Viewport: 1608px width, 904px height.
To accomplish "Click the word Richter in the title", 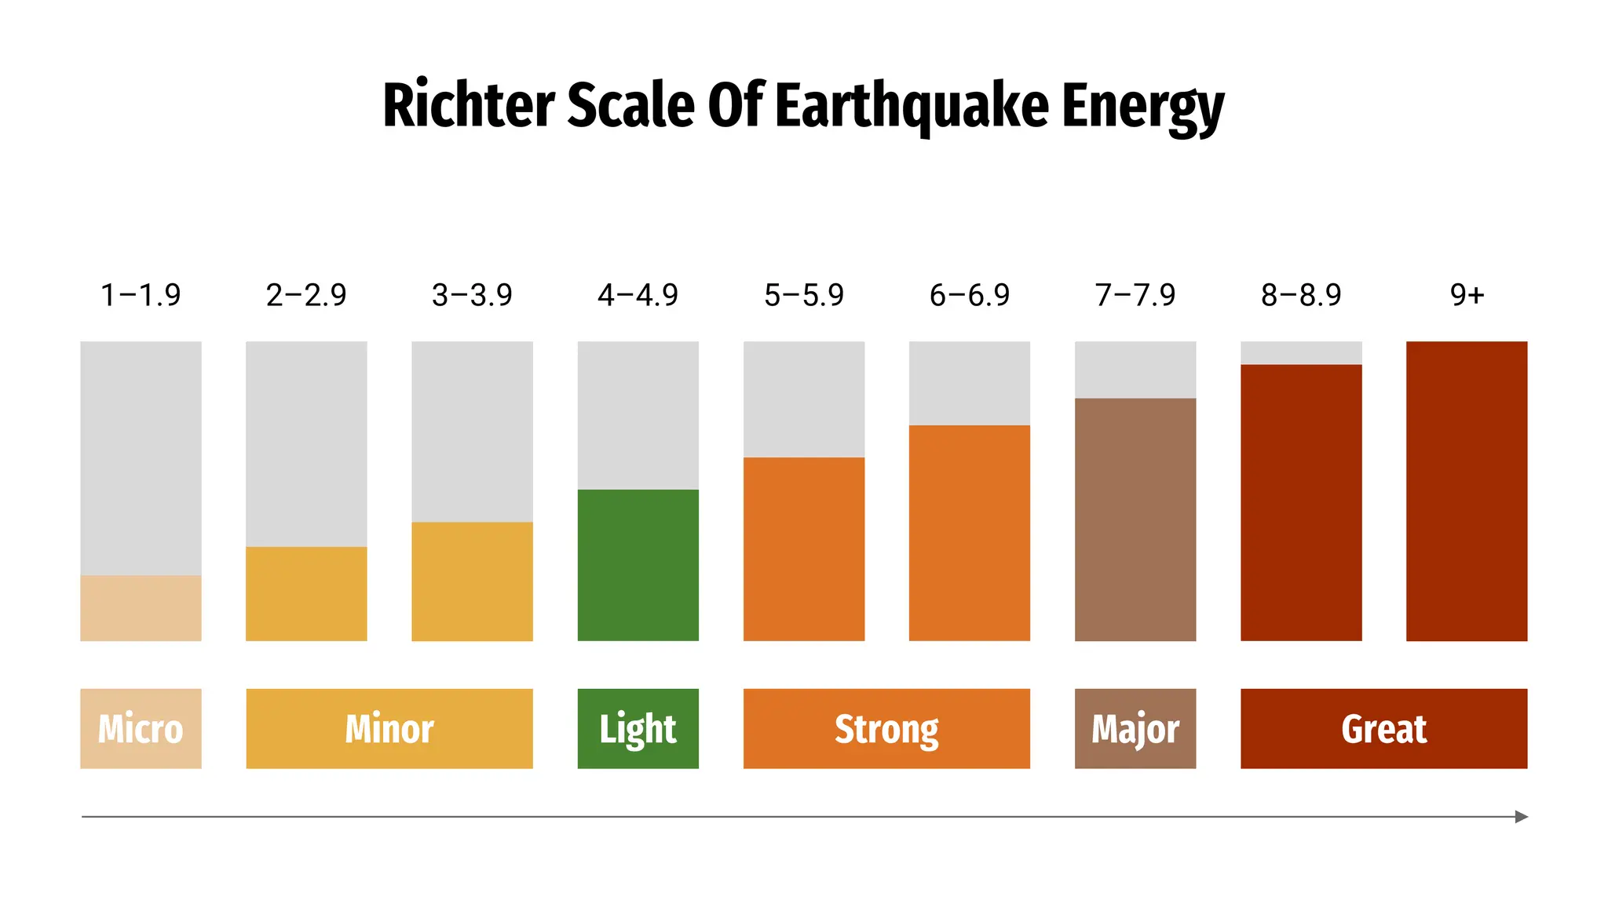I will [469, 106].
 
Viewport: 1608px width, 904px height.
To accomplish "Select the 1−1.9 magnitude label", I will [141, 296].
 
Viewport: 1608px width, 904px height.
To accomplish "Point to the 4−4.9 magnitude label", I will [638, 296].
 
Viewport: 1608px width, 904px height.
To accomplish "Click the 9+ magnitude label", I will [1467, 296].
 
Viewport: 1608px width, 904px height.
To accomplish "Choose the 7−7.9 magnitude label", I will [1135, 296].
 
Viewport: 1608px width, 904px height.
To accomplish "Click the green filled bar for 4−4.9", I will [638, 565].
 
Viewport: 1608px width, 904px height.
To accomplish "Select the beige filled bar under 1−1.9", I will [141, 608].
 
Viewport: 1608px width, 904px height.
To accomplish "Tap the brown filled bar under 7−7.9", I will [1135, 519].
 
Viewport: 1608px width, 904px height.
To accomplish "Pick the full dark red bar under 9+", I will [1467, 490].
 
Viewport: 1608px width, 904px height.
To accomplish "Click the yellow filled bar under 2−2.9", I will [306, 594].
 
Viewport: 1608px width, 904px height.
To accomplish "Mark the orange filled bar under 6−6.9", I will [970, 534].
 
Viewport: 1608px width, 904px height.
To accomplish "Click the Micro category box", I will [141, 728].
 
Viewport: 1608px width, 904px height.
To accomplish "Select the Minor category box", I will [389, 728].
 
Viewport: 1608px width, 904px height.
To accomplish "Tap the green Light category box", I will [638, 728].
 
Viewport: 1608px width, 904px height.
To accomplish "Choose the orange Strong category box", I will [886, 728].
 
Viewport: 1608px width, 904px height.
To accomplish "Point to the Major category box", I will [1135, 728].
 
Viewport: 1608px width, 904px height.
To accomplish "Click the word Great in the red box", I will [1383, 729].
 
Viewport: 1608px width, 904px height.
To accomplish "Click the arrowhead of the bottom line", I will [1521, 817].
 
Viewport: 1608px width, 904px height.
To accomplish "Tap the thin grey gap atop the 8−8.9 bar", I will [1301, 352].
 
